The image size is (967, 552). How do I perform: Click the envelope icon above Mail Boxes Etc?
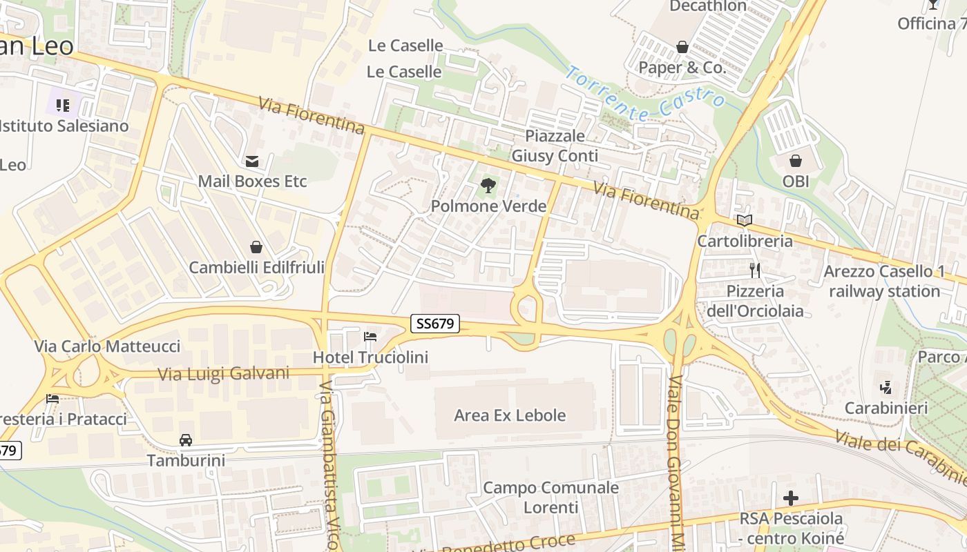point(252,161)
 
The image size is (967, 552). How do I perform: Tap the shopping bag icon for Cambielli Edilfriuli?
point(256,247)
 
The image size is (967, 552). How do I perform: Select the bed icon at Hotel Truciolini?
point(370,337)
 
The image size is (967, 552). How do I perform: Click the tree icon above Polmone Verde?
point(488,185)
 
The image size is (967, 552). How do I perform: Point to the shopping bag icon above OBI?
point(796,161)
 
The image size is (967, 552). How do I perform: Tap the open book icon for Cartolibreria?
point(745,221)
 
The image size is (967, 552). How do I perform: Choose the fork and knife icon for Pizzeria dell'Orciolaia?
point(755,270)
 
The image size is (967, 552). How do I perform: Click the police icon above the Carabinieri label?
point(886,388)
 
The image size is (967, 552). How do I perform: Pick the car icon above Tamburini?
point(185,440)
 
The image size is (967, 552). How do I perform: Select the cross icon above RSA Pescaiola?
point(791,497)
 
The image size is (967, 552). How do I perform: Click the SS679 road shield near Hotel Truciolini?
point(435,324)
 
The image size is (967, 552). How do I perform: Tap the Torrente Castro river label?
point(645,93)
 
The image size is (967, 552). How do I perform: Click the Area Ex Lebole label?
point(510,415)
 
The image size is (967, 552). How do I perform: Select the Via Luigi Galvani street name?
point(223,374)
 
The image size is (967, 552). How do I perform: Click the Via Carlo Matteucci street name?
point(107,346)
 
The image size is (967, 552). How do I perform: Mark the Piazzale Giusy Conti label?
point(555,146)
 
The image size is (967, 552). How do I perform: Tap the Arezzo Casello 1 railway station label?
point(884,282)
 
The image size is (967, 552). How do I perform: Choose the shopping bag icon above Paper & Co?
point(682,47)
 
